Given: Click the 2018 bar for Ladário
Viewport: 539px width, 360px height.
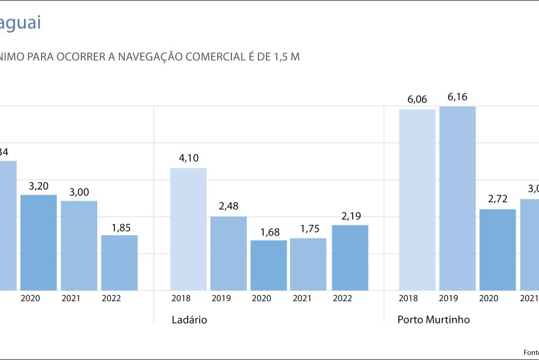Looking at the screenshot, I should (188, 229).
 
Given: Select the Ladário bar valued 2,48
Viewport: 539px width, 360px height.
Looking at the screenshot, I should (228, 253).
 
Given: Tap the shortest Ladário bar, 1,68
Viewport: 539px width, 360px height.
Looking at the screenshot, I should (269, 265).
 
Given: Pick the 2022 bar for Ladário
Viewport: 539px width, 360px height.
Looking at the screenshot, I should (350, 258).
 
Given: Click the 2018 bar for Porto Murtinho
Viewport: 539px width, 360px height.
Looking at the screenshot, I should (417, 200).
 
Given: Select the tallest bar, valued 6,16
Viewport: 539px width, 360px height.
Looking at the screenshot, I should (458, 198).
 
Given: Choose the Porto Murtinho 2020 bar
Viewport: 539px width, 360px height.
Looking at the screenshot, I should (497, 249).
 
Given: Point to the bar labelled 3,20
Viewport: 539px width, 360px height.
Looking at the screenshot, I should (39, 242).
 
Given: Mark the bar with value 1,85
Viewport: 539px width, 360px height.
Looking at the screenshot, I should (120, 263).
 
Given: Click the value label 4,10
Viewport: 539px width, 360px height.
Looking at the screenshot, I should (189, 157).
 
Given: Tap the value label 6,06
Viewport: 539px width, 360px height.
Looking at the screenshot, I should (417, 99).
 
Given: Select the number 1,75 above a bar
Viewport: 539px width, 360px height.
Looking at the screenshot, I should (309, 228).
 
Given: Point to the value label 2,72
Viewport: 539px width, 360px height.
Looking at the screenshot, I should (498, 199).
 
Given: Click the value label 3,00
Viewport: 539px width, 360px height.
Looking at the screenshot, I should (79, 191).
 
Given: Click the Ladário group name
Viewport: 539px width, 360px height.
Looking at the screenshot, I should (189, 320).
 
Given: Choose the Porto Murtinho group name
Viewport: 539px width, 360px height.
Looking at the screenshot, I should (434, 320).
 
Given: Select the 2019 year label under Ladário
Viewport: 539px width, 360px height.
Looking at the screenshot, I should (221, 299).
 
